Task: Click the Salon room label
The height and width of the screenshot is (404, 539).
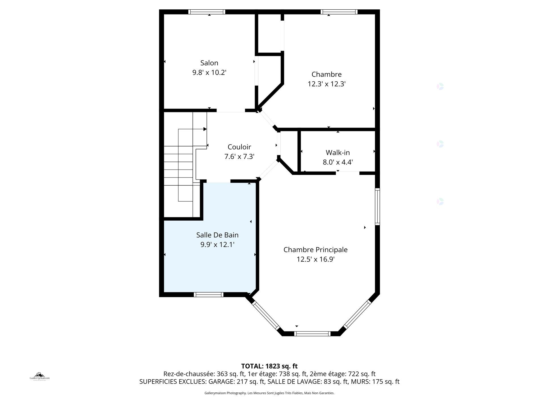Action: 209,63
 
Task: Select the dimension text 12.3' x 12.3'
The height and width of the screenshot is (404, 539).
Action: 326,84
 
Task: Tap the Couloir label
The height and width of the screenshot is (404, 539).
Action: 239,147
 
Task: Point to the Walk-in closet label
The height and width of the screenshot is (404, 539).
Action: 338,153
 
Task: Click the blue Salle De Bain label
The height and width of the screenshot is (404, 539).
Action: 217,235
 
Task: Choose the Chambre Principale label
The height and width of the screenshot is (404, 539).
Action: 315,250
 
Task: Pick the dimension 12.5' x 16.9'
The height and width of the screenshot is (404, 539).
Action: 315,259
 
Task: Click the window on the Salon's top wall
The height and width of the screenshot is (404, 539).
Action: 207,12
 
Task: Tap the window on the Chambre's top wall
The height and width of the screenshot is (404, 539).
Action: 339,12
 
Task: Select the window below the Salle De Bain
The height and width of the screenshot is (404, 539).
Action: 209,295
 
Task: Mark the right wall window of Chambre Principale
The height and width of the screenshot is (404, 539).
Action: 377,207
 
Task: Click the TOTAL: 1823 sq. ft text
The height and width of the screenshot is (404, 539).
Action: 269,366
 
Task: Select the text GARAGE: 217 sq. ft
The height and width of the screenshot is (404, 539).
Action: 236,382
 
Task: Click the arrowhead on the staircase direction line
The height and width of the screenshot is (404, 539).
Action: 205,129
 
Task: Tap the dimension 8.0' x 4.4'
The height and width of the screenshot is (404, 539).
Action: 338,162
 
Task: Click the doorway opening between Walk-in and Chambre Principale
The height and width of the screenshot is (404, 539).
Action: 348,173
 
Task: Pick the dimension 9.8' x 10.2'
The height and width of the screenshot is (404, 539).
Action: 209,73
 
